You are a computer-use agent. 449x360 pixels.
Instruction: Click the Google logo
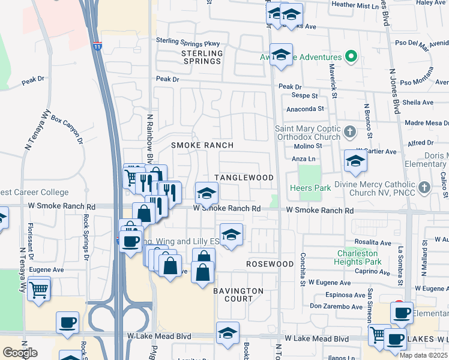coord(20,353)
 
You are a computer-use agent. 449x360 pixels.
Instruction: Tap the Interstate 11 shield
coord(97,46)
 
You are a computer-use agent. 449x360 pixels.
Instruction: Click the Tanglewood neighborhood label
coord(244,178)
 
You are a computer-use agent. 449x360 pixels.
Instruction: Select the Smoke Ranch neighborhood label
coord(202,146)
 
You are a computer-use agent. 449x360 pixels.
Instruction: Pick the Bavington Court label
coord(238,295)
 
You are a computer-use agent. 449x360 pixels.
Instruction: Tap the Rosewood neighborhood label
coord(270,264)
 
